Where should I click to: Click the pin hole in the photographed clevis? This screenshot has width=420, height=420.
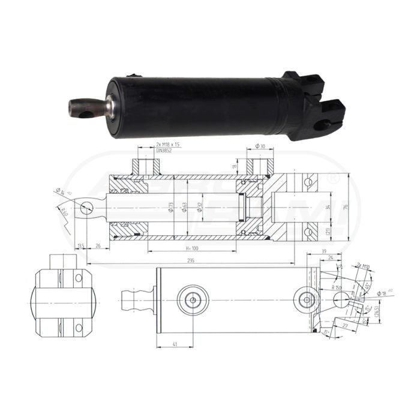(x=323, y=125)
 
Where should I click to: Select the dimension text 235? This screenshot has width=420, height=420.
(x=191, y=260)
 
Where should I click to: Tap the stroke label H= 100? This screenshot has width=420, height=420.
(x=191, y=248)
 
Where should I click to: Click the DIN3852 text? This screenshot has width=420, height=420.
(x=164, y=151)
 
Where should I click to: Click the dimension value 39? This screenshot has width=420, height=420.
(x=324, y=251)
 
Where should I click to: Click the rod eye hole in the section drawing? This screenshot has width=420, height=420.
(x=87, y=208)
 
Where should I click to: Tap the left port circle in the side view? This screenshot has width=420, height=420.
(x=193, y=299)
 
